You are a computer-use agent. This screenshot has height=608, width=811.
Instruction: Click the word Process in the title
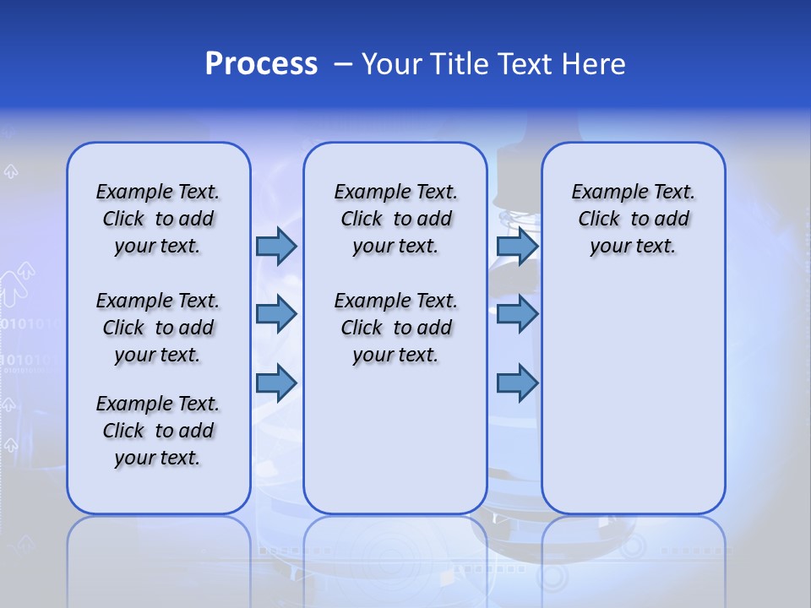pos(261,64)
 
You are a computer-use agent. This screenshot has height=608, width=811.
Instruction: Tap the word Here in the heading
pos(595,64)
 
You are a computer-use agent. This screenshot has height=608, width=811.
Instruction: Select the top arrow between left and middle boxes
pos(275,246)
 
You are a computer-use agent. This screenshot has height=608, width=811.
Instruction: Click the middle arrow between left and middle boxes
pos(275,314)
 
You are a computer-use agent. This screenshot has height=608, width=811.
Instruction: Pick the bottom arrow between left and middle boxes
pos(275,383)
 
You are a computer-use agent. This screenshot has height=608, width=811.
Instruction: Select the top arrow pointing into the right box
pos(517,246)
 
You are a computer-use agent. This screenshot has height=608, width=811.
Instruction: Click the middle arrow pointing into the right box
pos(517,314)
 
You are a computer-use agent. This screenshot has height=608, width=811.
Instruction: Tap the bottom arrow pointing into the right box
pos(517,383)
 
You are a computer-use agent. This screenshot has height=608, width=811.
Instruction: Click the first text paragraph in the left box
pos(158,219)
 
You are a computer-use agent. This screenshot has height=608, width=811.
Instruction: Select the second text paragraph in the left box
pos(158,328)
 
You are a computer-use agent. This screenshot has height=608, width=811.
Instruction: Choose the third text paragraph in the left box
pos(158,431)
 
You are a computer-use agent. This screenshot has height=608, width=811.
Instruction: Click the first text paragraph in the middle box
pos(395,219)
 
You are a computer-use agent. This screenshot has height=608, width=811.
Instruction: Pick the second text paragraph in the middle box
pos(395,328)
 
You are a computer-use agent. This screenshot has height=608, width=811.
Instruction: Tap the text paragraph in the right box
pos(634,219)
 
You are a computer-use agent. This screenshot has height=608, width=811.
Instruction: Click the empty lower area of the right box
pos(634,397)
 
